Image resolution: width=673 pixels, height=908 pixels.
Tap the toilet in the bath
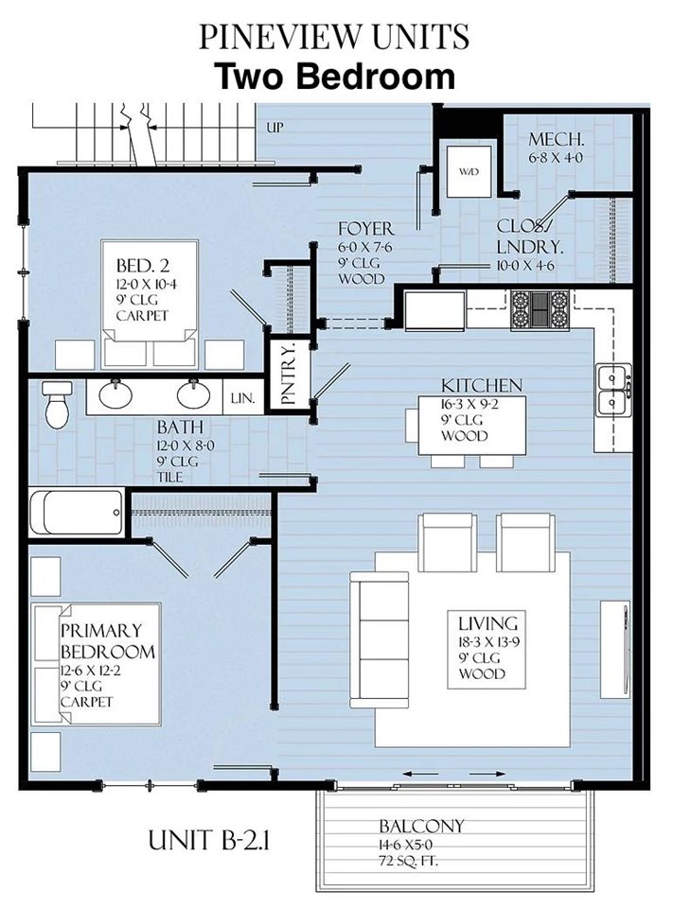pyautogui.click(x=57, y=405)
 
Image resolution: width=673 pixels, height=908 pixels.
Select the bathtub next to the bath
pyautogui.click(x=76, y=513)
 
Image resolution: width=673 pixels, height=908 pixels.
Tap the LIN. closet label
pyautogui.click(x=242, y=399)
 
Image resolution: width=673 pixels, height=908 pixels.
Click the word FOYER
pyautogui.click(x=366, y=229)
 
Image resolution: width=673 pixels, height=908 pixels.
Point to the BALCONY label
pyautogui.click(x=421, y=826)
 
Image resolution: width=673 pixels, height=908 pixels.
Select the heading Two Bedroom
pyautogui.click(x=334, y=77)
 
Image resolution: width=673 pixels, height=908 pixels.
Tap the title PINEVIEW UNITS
pyautogui.click(x=334, y=36)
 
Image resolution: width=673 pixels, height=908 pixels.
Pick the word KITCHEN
pyautogui.click(x=482, y=385)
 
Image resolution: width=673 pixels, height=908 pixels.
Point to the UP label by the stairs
pyautogui.click(x=275, y=127)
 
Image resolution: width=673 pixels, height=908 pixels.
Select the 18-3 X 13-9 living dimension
pyautogui.click(x=488, y=640)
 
